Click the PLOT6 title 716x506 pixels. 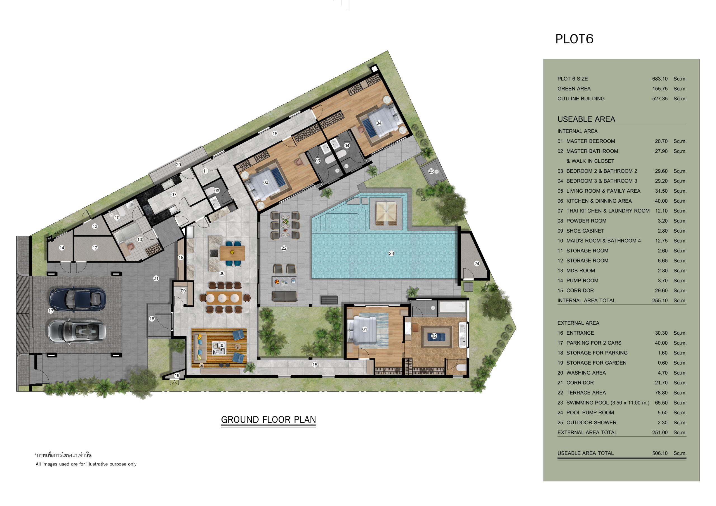574,39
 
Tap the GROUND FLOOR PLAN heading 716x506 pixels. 268,420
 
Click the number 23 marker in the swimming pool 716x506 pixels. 391,254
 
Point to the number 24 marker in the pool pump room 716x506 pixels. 477,264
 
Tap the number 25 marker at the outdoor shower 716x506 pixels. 431,171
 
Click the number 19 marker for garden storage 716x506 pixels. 177,375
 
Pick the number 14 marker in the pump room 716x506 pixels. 62,248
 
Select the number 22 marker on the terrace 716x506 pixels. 284,248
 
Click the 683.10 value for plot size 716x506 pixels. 660,79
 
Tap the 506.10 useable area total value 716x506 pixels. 660,453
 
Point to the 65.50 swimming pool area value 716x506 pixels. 661,403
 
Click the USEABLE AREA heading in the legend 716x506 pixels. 586,119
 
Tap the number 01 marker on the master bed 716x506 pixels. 364,329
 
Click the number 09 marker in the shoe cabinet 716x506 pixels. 183,291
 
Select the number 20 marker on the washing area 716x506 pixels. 178,165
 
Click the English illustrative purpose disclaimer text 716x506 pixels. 86,464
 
